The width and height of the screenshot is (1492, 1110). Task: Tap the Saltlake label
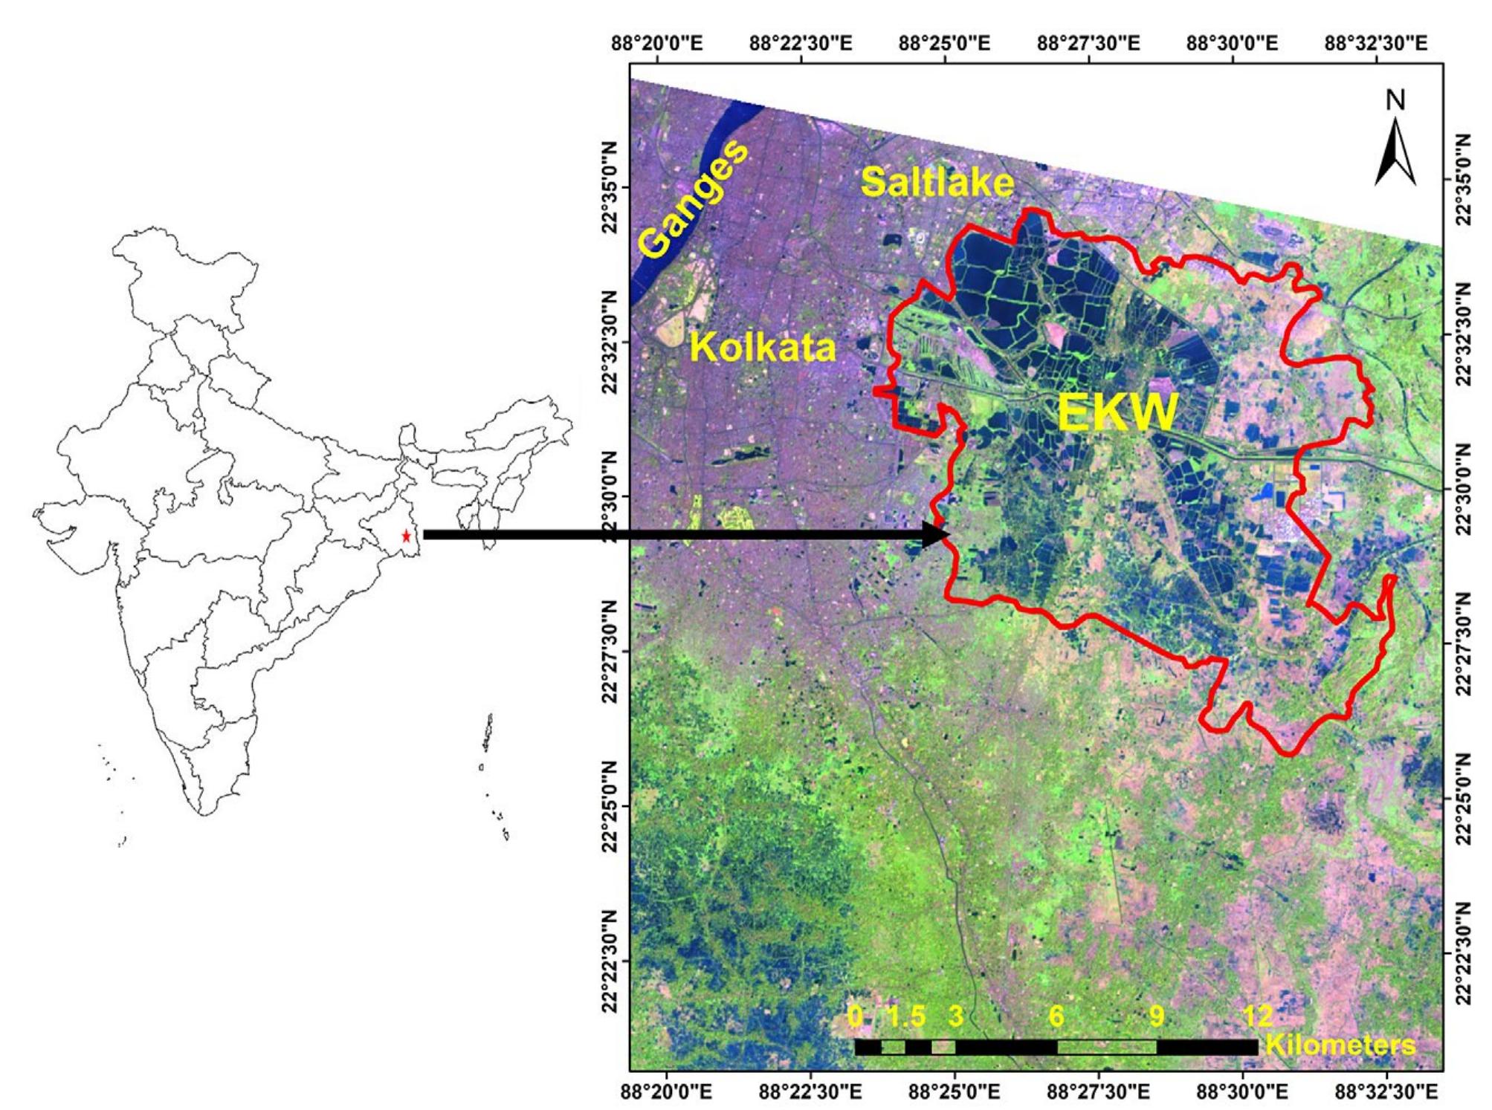(937, 182)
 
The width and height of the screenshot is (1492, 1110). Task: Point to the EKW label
(1117, 412)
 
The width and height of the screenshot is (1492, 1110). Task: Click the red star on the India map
(406, 536)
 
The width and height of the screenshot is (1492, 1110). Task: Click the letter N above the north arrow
(1395, 100)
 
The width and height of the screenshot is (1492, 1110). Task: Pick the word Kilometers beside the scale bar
(1340, 1045)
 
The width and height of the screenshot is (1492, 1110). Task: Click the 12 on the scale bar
(1257, 1016)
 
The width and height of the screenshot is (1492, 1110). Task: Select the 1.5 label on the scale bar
(907, 1016)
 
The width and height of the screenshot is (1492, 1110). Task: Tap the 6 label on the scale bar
(1056, 1016)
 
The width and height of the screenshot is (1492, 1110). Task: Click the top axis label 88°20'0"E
(656, 43)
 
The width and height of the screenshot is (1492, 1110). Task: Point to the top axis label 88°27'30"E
(1088, 43)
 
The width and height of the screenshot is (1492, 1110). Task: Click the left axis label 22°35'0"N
(611, 187)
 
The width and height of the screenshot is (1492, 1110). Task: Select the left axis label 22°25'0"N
(611, 805)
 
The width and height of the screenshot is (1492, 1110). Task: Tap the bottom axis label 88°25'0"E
(955, 1092)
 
